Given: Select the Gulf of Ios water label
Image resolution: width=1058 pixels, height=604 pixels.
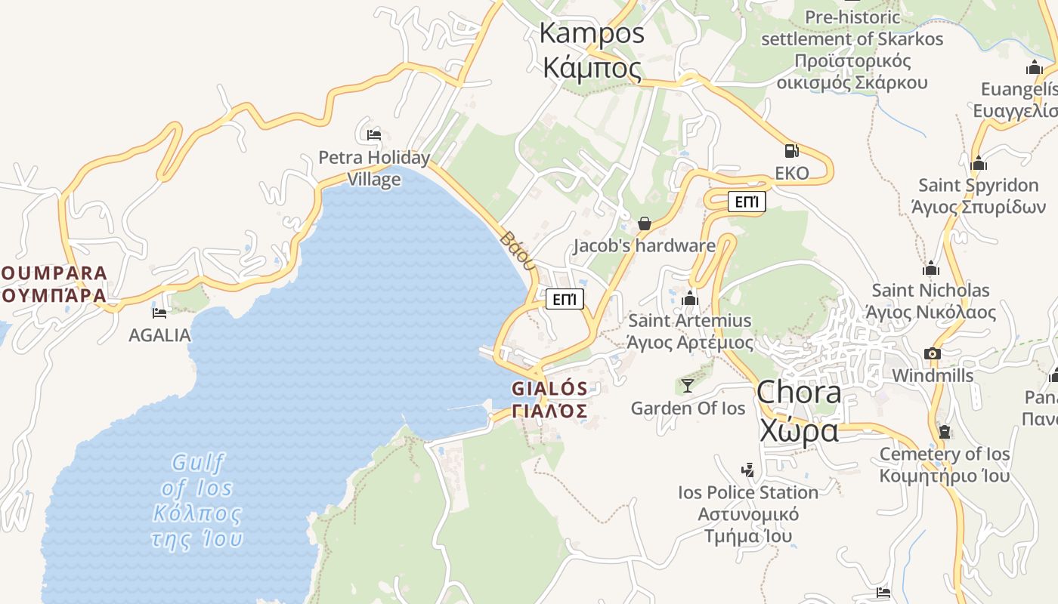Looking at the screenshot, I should click(198, 488).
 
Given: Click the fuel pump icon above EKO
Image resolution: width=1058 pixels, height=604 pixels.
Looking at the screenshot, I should click(791, 151).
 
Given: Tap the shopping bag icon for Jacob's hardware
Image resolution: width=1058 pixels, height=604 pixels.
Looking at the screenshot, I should click(644, 223).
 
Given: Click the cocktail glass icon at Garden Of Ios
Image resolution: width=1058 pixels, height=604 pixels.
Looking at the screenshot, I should click(687, 386).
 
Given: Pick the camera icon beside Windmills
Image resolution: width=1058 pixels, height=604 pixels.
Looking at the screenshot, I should click(932, 353).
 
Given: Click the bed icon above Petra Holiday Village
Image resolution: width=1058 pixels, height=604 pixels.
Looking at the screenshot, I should click(373, 135).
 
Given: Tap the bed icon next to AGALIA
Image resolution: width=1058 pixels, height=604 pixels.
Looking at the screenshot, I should click(159, 313).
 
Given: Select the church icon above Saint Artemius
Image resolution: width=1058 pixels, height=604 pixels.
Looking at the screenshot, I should click(689, 299).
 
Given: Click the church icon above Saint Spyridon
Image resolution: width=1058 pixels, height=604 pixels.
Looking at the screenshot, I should click(979, 163).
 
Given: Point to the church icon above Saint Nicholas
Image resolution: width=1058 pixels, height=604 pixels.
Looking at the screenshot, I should click(931, 268).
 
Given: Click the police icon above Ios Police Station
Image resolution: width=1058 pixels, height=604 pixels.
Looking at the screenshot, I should click(747, 470).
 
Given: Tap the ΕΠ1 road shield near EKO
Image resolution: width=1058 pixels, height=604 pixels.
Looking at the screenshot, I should click(746, 202).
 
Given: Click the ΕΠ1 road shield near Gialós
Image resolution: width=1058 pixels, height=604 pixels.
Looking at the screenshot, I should click(565, 299).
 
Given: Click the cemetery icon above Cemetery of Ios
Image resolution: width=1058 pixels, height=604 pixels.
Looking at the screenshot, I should click(944, 432).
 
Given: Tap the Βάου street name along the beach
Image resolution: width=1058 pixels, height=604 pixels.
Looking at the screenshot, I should click(518, 251).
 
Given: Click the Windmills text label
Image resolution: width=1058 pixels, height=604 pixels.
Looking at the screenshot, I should click(933, 375).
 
